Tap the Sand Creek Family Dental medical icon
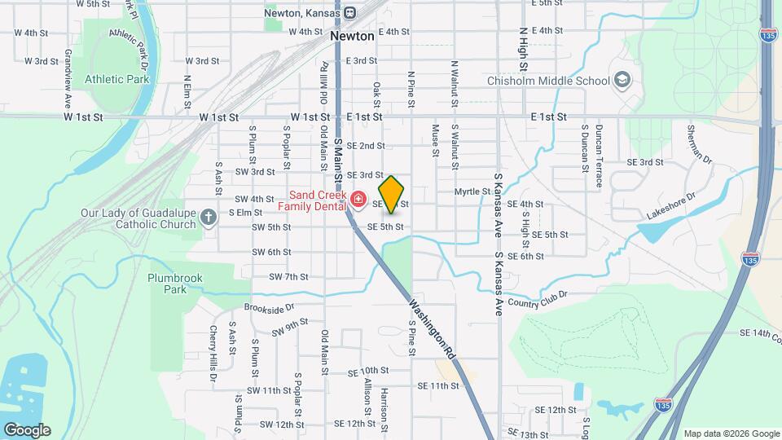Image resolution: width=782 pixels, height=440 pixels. (357, 199)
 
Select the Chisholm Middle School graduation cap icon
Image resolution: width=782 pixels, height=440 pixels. (623, 80)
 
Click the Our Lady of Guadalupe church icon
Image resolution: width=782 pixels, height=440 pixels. (209, 217)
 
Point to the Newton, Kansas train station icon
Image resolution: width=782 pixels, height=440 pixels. (349, 12)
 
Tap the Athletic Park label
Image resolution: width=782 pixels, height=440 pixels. (117, 80)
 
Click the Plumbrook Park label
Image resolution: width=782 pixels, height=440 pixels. (174, 283)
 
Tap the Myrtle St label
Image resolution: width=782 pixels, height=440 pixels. (470, 191)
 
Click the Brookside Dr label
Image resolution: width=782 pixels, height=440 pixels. (268, 308)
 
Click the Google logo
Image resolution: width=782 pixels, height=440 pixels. (26, 429)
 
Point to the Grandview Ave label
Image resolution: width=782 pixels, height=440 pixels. (68, 84)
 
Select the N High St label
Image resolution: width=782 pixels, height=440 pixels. (523, 48)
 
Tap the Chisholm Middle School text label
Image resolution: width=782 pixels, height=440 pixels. (547, 81)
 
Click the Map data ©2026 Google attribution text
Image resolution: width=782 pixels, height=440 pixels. (731, 433)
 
